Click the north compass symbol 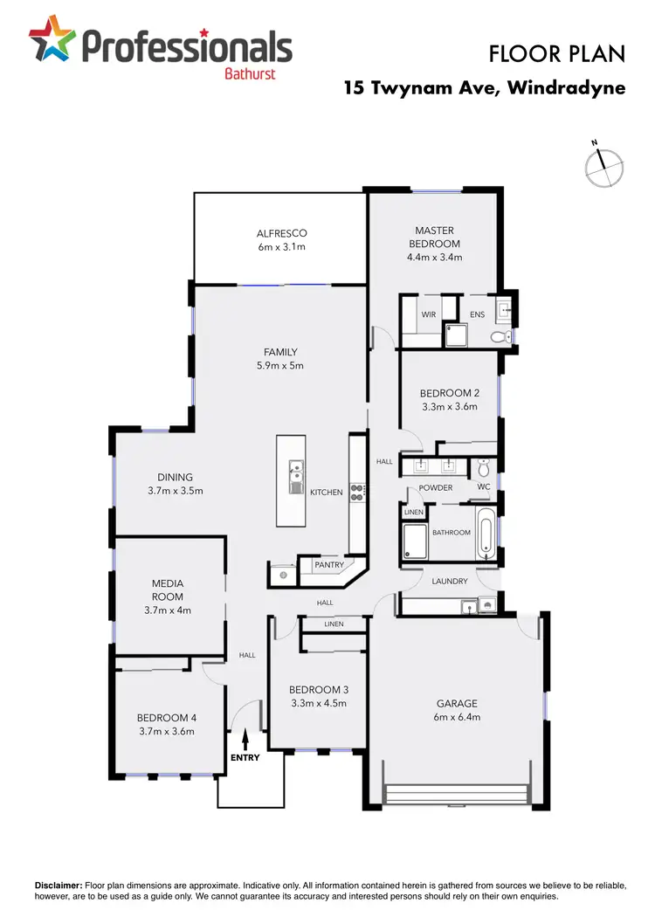pyautogui.click(x=604, y=167)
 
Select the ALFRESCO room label pyautogui.click(x=282, y=233)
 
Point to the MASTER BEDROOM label pyautogui.click(x=434, y=238)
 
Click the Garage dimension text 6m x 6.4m pyautogui.click(x=458, y=717)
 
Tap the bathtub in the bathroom pyautogui.click(x=486, y=532)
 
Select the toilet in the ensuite pyautogui.click(x=498, y=336)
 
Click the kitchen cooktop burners pyautogui.click(x=356, y=492)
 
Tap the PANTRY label pyautogui.click(x=329, y=566)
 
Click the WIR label pyautogui.click(x=429, y=314)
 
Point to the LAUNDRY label pyautogui.click(x=450, y=581)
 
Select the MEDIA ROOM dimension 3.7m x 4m pyautogui.click(x=167, y=610)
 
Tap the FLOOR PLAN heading pyautogui.click(x=557, y=54)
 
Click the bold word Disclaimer pyautogui.click(x=58, y=886)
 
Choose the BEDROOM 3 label pyautogui.click(x=319, y=690)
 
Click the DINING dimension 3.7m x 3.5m pyautogui.click(x=175, y=491)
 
